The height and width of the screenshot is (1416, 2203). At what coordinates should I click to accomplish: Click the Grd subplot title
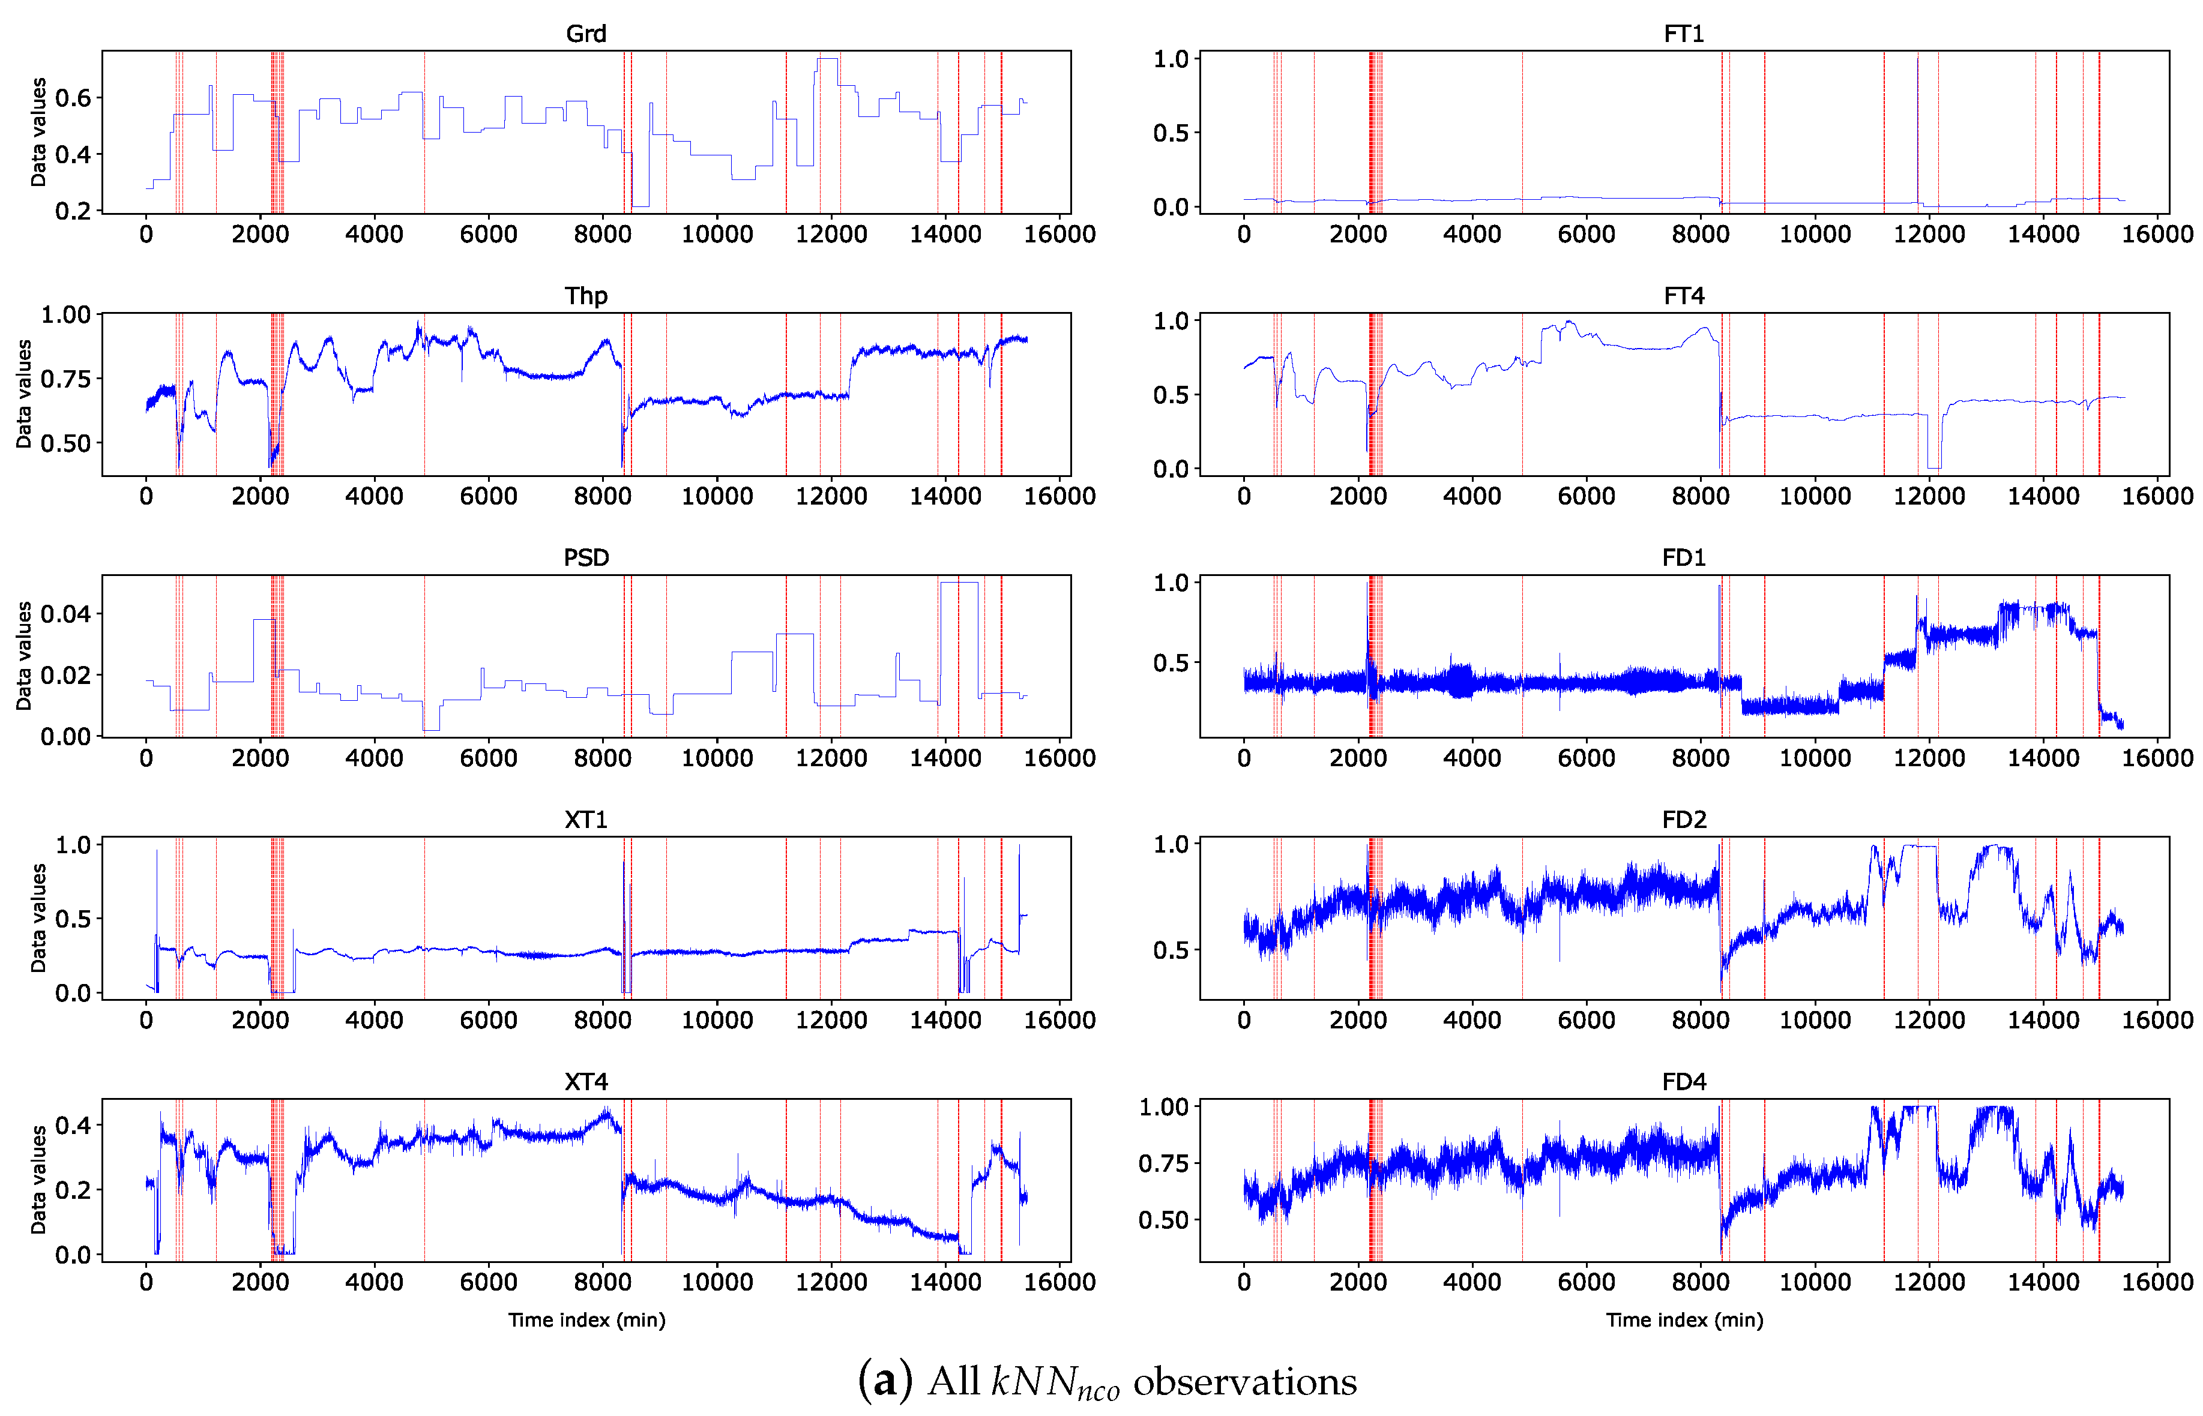coord(585,34)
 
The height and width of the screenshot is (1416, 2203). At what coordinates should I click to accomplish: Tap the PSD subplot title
coord(585,557)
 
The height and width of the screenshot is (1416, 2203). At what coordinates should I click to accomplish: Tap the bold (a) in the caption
coord(885,1381)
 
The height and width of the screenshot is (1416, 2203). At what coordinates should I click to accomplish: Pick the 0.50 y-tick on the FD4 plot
coord(1163,1220)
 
